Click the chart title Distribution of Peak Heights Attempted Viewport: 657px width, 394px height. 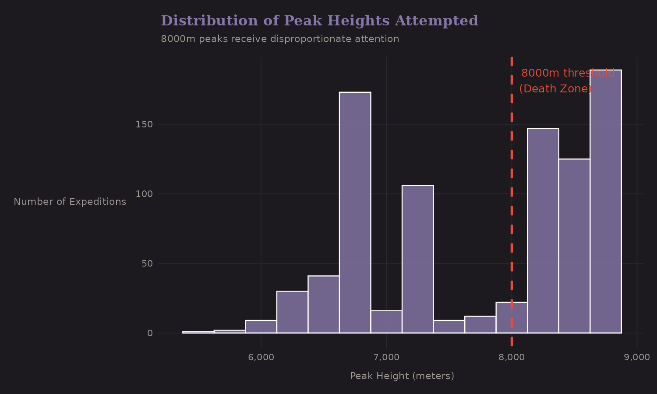click(x=319, y=21)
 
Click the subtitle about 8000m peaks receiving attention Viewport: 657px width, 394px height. click(x=280, y=39)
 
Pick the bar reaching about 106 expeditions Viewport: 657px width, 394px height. click(x=417, y=259)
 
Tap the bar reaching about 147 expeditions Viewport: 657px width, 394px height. click(x=543, y=231)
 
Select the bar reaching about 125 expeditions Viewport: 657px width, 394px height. click(x=574, y=246)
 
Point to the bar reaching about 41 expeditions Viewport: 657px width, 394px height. click(x=323, y=304)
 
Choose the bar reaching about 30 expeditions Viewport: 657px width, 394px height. click(x=292, y=312)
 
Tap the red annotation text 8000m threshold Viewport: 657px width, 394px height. click(x=568, y=73)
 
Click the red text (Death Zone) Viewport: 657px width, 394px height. click(x=555, y=89)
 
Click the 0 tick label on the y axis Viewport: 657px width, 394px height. click(x=150, y=333)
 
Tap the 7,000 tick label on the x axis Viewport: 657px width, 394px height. click(x=386, y=357)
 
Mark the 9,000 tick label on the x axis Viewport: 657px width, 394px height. click(x=636, y=357)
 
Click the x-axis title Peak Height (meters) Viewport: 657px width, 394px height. click(x=402, y=376)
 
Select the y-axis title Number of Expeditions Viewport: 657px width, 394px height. click(x=70, y=202)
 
